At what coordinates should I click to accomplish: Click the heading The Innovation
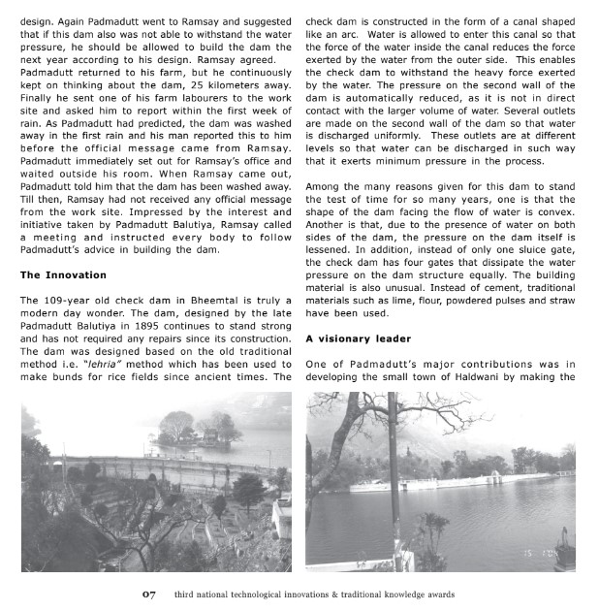coord(64,275)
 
